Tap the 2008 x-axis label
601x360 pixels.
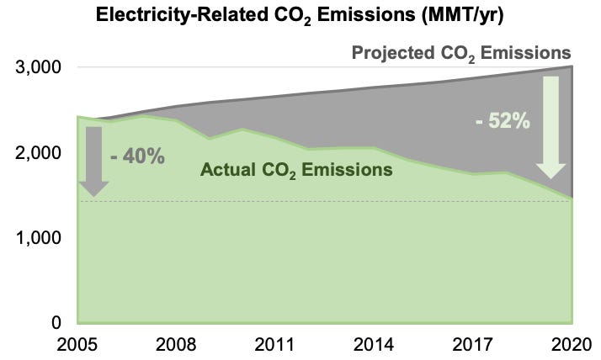(x=176, y=344)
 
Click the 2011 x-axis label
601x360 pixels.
(x=275, y=344)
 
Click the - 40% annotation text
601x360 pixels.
(x=137, y=156)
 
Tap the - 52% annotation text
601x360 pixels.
(x=503, y=121)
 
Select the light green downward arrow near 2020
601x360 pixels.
(x=553, y=126)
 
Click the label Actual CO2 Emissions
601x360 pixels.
(x=296, y=170)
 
